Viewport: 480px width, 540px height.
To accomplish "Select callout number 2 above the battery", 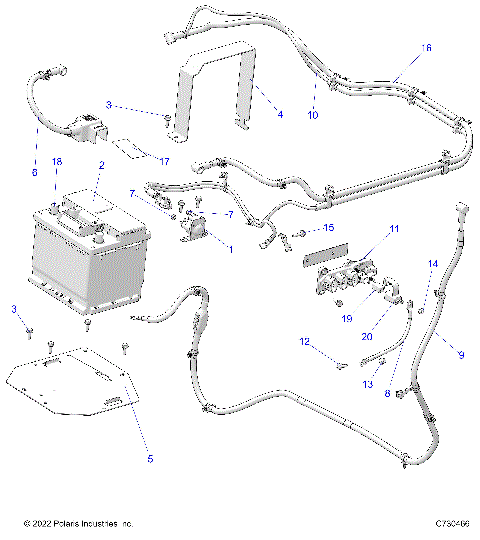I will (101, 165).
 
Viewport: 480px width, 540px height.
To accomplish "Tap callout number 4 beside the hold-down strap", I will (280, 115).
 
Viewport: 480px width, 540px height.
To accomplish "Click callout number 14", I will (433, 264).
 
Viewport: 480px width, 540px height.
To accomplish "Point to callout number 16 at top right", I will (427, 48).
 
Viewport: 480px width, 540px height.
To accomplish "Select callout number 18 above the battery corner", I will (57, 161).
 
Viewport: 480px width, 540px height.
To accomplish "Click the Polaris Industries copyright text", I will (78, 524).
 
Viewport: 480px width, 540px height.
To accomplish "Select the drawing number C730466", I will (453, 524).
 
